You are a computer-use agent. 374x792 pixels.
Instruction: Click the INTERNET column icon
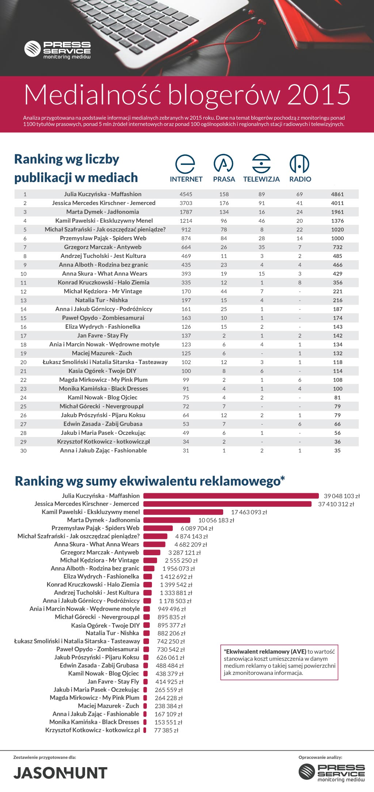tap(185, 164)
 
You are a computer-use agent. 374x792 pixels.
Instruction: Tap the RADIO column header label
tap(300, 179)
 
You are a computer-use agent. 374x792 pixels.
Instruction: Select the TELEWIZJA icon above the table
tap(262, 164)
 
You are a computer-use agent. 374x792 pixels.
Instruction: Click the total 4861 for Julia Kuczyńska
tap(337, 194)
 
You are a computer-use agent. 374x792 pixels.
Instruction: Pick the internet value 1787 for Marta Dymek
tap(186, 212)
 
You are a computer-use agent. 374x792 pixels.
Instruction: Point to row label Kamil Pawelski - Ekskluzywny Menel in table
tap(104, 221)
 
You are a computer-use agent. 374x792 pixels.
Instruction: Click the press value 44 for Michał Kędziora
tap(224, 291)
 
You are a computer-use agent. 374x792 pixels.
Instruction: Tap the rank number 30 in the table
tap(23, 451)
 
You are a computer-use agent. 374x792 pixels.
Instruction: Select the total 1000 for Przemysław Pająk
tap(337, 238)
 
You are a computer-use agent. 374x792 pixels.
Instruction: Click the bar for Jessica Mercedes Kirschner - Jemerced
tap(227, 504)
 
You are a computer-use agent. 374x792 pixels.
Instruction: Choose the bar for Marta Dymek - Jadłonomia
tap(167, 520)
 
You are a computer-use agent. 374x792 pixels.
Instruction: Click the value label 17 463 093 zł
tap(249, 512)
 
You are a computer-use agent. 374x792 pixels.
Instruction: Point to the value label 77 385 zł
tap(166, 730)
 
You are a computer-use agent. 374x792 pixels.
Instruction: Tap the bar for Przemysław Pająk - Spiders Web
tap(158, 528)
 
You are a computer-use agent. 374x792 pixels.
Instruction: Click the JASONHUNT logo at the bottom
tap(61, 773)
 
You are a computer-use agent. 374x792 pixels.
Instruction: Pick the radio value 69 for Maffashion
tap(299, 194)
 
